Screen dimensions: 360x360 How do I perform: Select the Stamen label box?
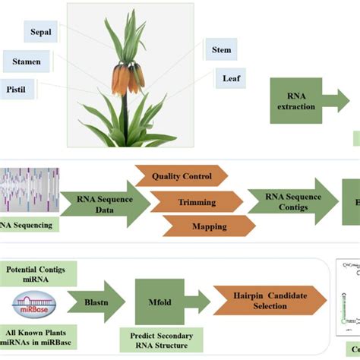click(27, 59)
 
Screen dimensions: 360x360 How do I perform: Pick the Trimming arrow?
click(196, 202)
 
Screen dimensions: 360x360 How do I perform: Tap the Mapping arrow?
click(209, 226)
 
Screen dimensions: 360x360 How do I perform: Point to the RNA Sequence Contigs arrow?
click(292, 201)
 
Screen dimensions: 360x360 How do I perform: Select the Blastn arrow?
click(96, 302)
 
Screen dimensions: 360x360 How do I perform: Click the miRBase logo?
click(33, 304)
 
